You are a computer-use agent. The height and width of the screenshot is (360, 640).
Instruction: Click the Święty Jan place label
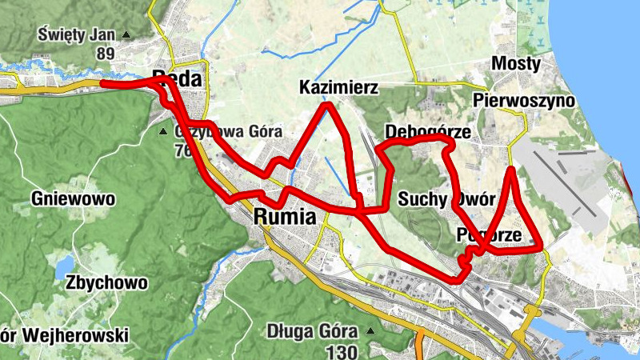click(77, 34)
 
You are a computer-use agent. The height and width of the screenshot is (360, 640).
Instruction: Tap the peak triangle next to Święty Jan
click(126, 35)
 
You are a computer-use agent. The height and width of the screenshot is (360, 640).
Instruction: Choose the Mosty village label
click(517, 63)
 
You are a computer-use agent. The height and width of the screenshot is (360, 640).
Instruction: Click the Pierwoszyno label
click(524, 100)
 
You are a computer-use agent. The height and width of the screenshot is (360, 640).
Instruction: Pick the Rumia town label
click(284, 217)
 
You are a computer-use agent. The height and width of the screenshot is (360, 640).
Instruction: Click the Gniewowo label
click(74, 198)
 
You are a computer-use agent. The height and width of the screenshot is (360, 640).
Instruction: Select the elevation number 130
click(342, 351)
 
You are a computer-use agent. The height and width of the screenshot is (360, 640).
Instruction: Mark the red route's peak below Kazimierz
click(326, 105)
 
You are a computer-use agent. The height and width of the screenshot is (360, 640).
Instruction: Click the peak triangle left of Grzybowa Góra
click(164, 131)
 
